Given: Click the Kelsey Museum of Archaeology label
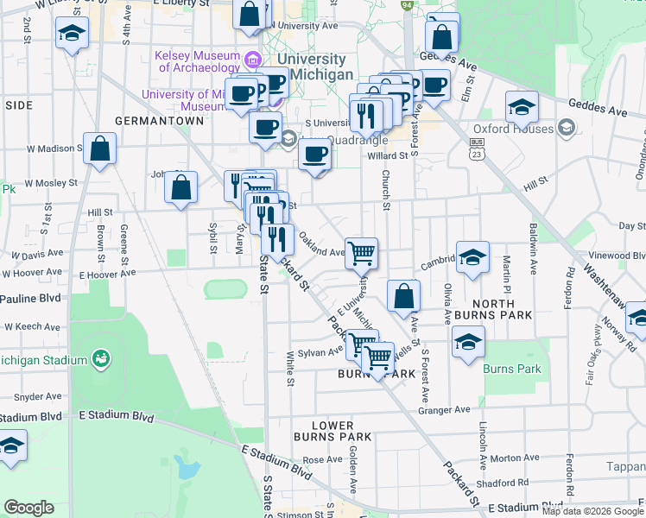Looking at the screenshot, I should (198, 61).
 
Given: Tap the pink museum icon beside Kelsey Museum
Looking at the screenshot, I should (253, 61).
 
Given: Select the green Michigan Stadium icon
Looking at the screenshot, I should (101, 358).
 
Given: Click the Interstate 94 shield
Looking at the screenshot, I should (407, 5).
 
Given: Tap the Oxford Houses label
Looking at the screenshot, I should (526, 129).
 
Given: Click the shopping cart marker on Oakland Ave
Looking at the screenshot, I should (362, 253).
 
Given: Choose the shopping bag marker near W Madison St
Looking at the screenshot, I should (100, 148).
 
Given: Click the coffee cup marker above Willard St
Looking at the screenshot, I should (314, 155).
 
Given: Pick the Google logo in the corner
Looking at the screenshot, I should (28, 508).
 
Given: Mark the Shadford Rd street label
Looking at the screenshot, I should (501, 483).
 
